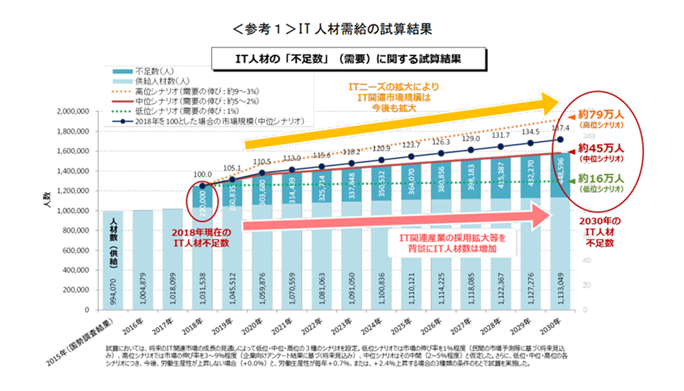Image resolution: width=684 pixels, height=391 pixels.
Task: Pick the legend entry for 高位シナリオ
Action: click(189, 91)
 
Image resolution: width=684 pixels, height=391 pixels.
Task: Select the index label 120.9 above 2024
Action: click(381, 149)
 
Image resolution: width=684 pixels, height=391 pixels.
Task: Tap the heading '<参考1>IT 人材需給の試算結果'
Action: click(332, 29)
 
